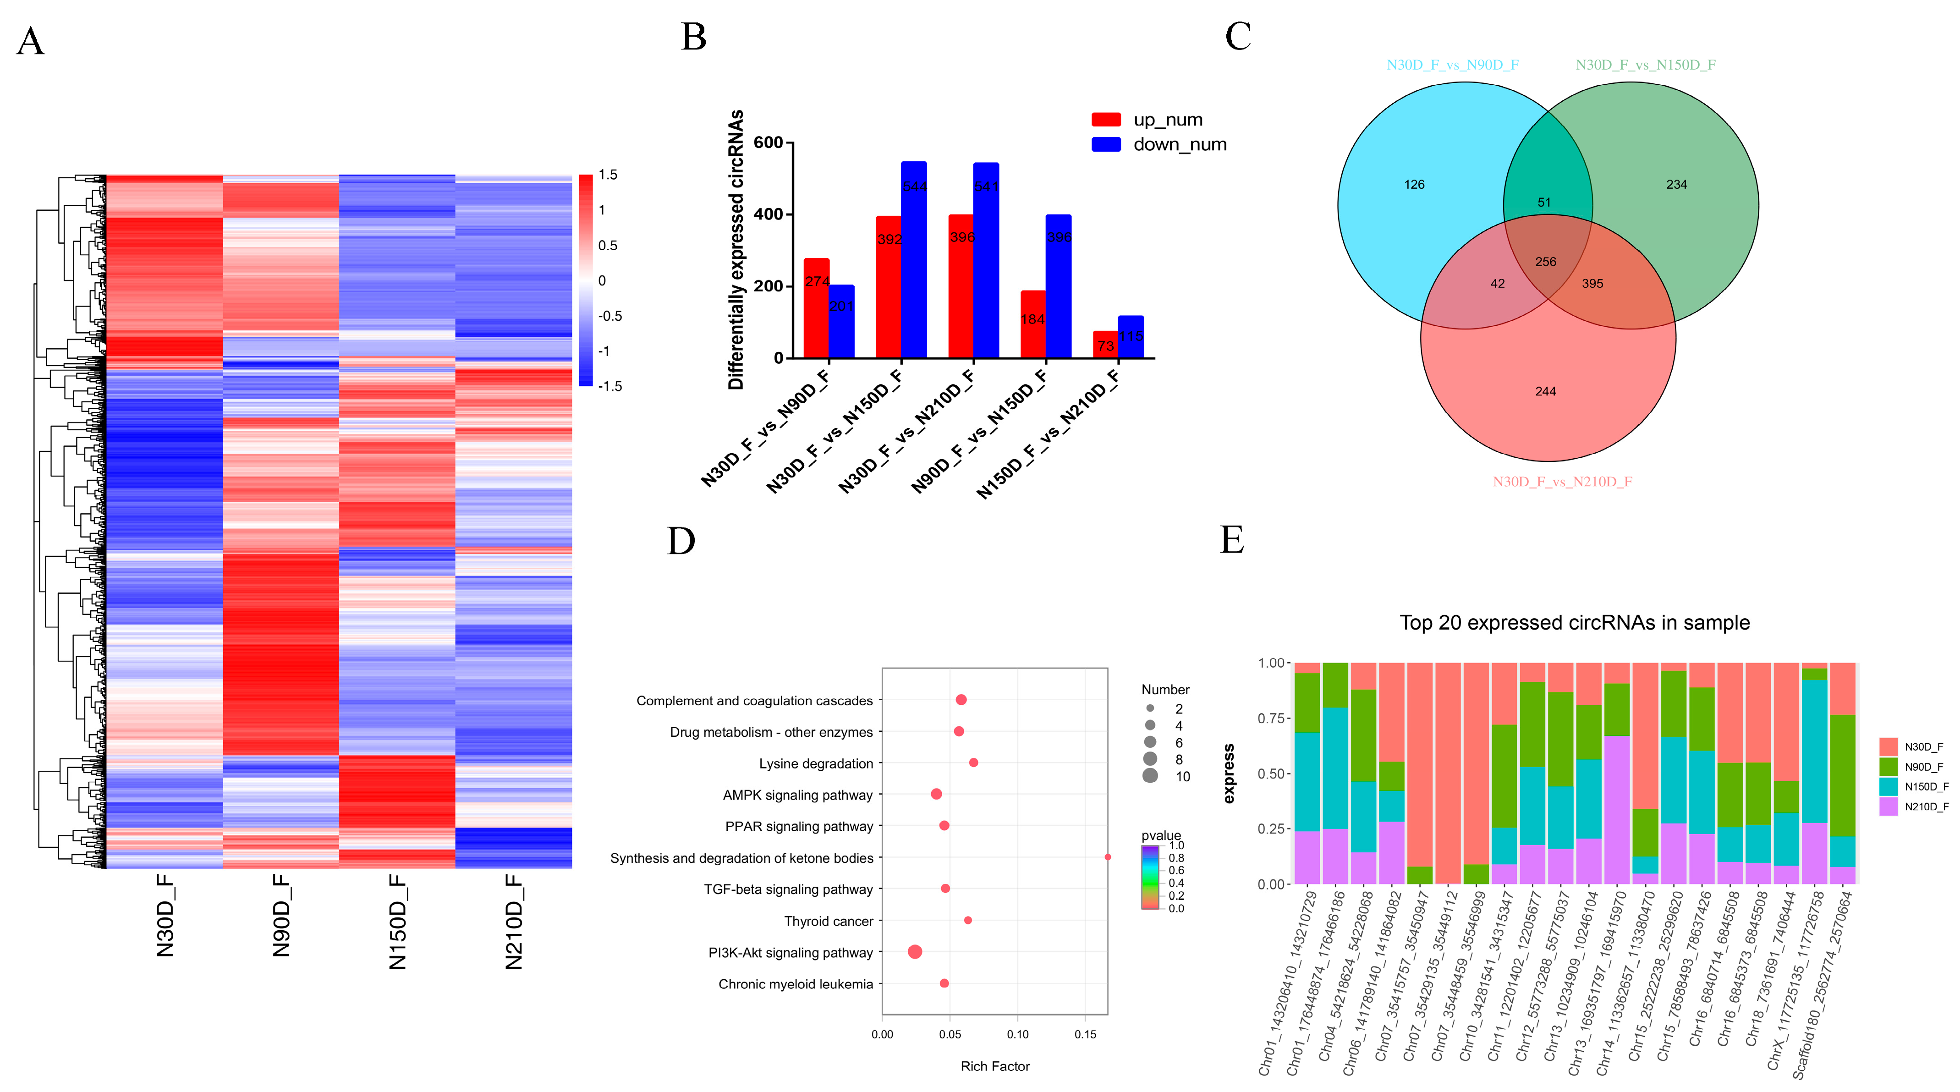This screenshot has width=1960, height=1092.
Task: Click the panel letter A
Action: (30, 42)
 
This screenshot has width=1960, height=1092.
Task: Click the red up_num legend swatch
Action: (1105, 120)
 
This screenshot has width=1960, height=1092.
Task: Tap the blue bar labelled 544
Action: (914, 259)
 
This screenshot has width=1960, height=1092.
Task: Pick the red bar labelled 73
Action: (1105, 345)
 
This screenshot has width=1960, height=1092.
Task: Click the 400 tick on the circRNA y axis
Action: (768, 214)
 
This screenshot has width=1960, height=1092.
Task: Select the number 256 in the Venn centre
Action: (1545, 262)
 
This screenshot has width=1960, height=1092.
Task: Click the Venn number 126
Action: (1414, 184)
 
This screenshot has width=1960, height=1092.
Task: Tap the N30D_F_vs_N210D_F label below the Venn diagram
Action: (1562, 482)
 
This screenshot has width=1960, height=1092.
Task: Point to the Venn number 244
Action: (1545, 391)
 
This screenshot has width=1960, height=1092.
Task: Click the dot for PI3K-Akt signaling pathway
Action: (915, 952)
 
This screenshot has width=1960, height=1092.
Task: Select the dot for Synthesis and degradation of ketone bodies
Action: (1108, 858)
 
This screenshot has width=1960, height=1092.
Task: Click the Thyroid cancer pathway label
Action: (829, 922)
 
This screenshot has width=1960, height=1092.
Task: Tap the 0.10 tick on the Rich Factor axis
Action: (1017, 1035)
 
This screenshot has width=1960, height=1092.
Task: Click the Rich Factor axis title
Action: (994, 1067)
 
